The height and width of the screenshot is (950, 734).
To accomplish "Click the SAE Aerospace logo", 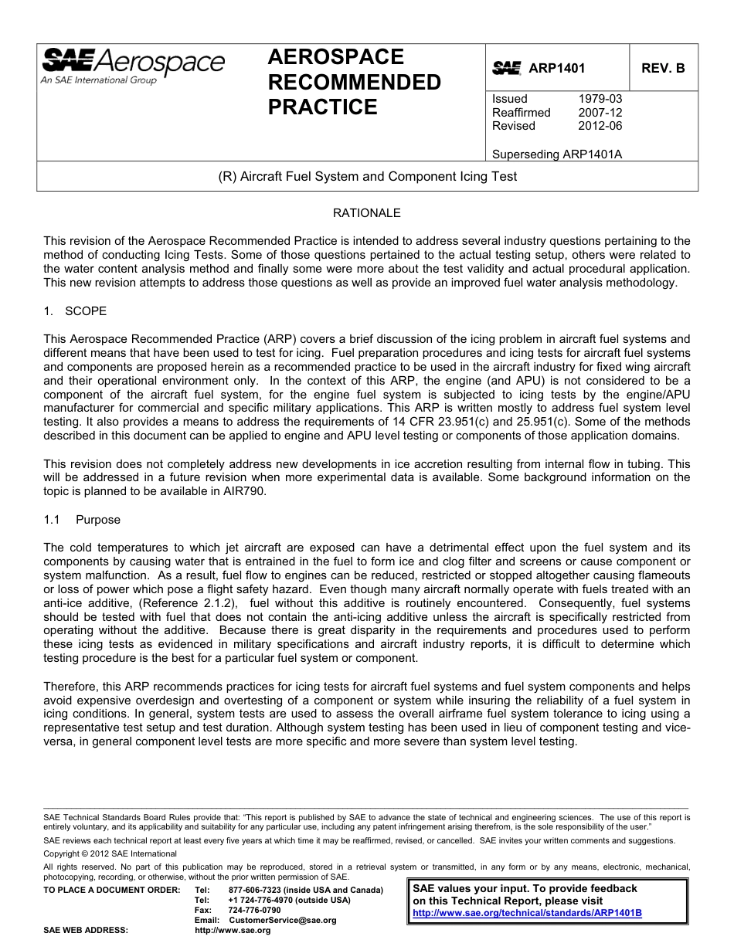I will [133, 66].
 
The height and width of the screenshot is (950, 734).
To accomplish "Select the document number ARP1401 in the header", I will [556, 68].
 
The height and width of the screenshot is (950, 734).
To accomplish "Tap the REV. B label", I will [663, 68].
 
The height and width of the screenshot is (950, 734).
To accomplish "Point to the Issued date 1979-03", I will [600, 99].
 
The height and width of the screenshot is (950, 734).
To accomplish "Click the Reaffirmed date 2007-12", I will [600, 113].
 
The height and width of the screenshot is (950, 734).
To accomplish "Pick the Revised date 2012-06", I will [600, 126].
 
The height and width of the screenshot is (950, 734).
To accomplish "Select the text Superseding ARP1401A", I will [556, 154].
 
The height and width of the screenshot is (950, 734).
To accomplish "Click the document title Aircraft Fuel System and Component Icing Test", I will [368, 176].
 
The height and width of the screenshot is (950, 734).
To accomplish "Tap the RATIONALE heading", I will [367, 213].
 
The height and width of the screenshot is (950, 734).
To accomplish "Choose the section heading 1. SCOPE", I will [75, 311].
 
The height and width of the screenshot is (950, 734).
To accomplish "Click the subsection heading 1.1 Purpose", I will [82, 520].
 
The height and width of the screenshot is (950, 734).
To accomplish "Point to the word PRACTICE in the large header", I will [323, 107].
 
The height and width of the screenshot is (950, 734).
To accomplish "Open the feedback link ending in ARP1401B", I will [527, 913].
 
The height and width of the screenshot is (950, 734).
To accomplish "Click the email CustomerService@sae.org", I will [282, 920].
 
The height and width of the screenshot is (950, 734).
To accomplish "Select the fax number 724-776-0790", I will [254, 910].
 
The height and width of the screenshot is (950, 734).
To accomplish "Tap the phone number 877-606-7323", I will [256, 890].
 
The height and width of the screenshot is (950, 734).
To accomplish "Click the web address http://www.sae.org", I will [233, 931].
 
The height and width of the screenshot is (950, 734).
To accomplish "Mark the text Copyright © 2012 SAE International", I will [110, 853].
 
